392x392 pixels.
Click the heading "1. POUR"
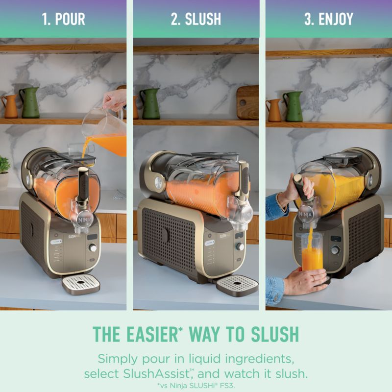63,19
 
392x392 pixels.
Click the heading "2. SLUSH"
196,19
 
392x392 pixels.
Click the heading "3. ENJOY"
329,19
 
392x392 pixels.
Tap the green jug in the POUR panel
30,103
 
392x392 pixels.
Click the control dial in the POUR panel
93,248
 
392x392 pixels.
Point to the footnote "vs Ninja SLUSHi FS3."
196,386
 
